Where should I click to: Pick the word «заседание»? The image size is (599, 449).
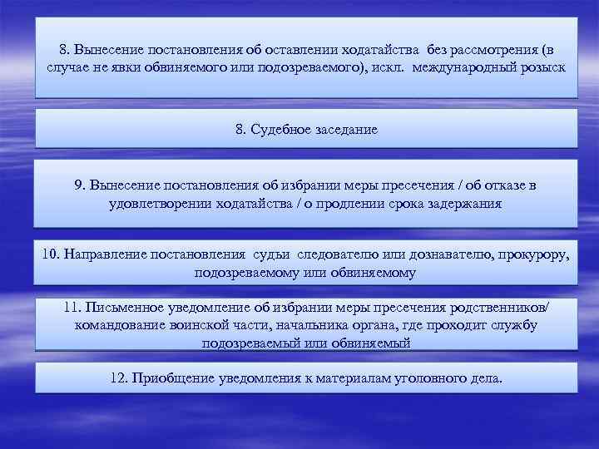[x=340, y=130]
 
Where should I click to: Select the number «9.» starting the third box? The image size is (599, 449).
[x=80, y=185]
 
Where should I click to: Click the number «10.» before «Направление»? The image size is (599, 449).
[x=52, y=254]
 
